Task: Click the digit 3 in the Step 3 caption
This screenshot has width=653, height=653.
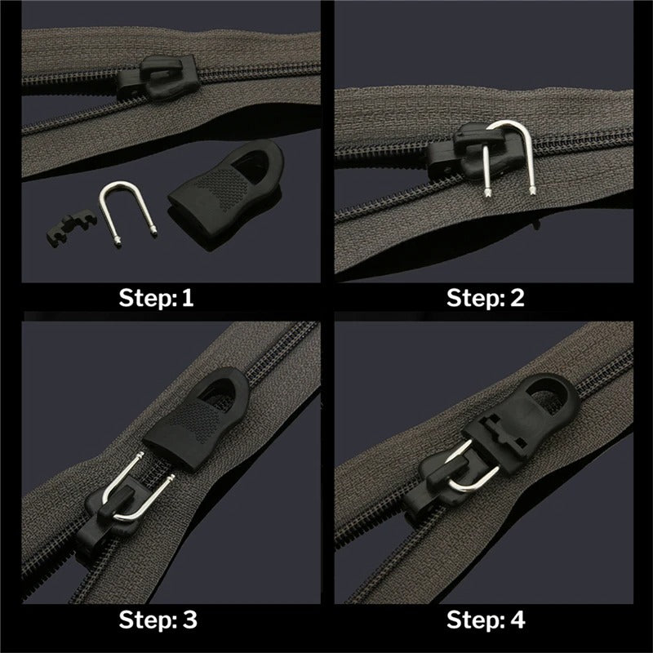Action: (190, 620)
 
